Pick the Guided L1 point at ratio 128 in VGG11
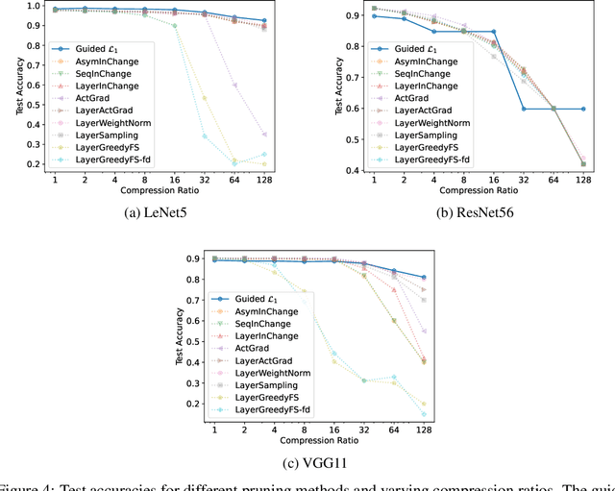(424, 277)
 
